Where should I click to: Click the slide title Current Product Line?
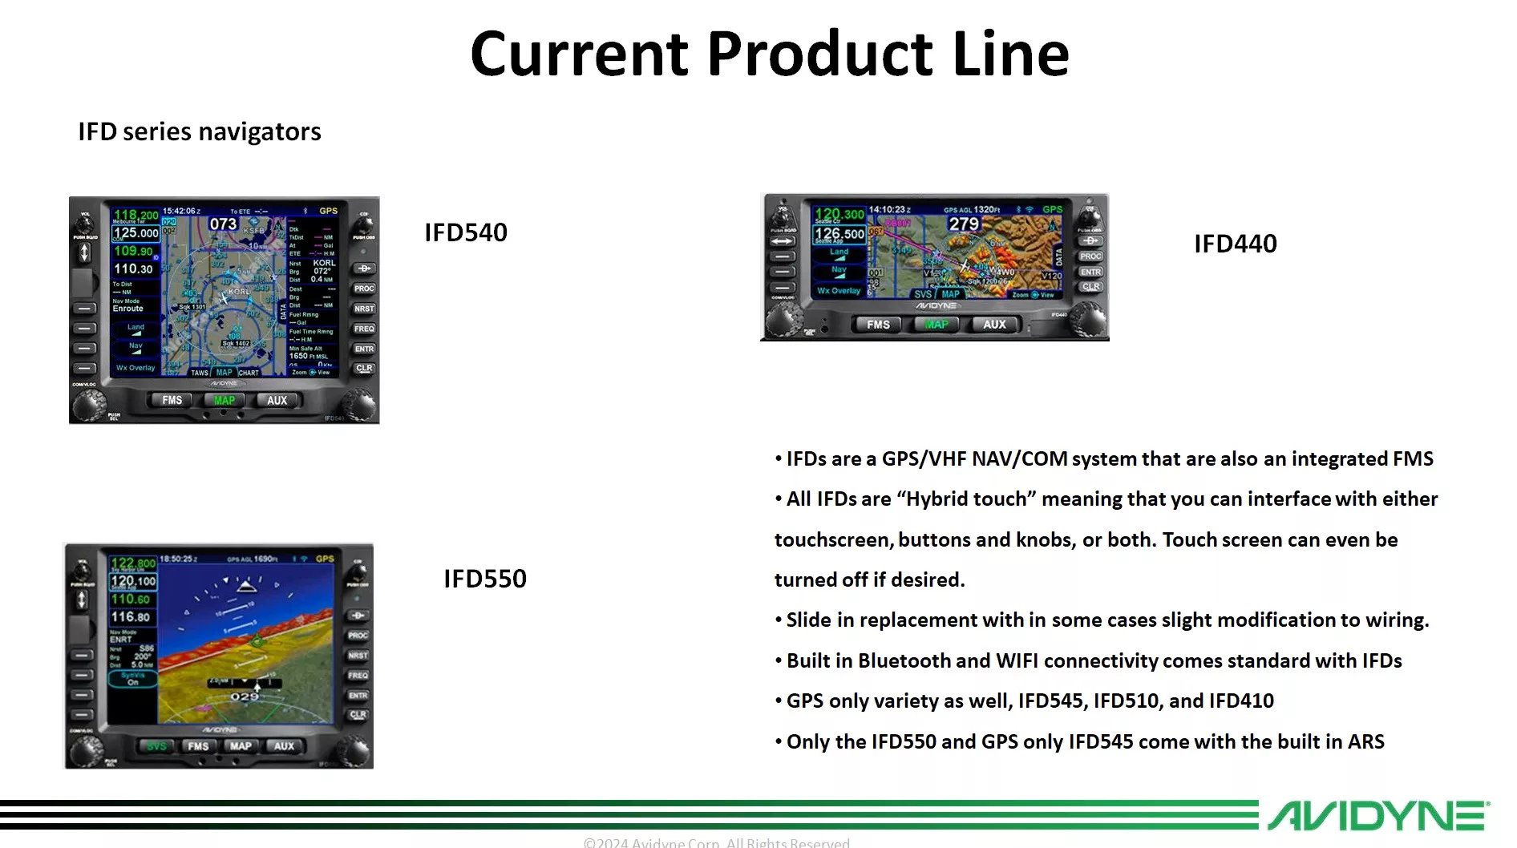point(769,54)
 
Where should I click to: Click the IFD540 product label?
point(466,232)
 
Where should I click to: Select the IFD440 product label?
point(1235,244)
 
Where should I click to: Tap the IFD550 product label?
point(485,579)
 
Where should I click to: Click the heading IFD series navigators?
point(200,131)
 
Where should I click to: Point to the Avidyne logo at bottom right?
point(1377,816)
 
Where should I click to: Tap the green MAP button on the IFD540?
point(224,401)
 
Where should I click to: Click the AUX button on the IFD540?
point(277,401)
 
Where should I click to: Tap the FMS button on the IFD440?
point(878,325)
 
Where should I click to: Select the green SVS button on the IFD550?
point(156,746)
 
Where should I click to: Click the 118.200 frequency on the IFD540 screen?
point(136,215)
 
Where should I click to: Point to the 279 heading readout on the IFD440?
point(963,224)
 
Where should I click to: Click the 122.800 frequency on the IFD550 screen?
point(133,563)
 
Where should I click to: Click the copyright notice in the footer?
point(716,842)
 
